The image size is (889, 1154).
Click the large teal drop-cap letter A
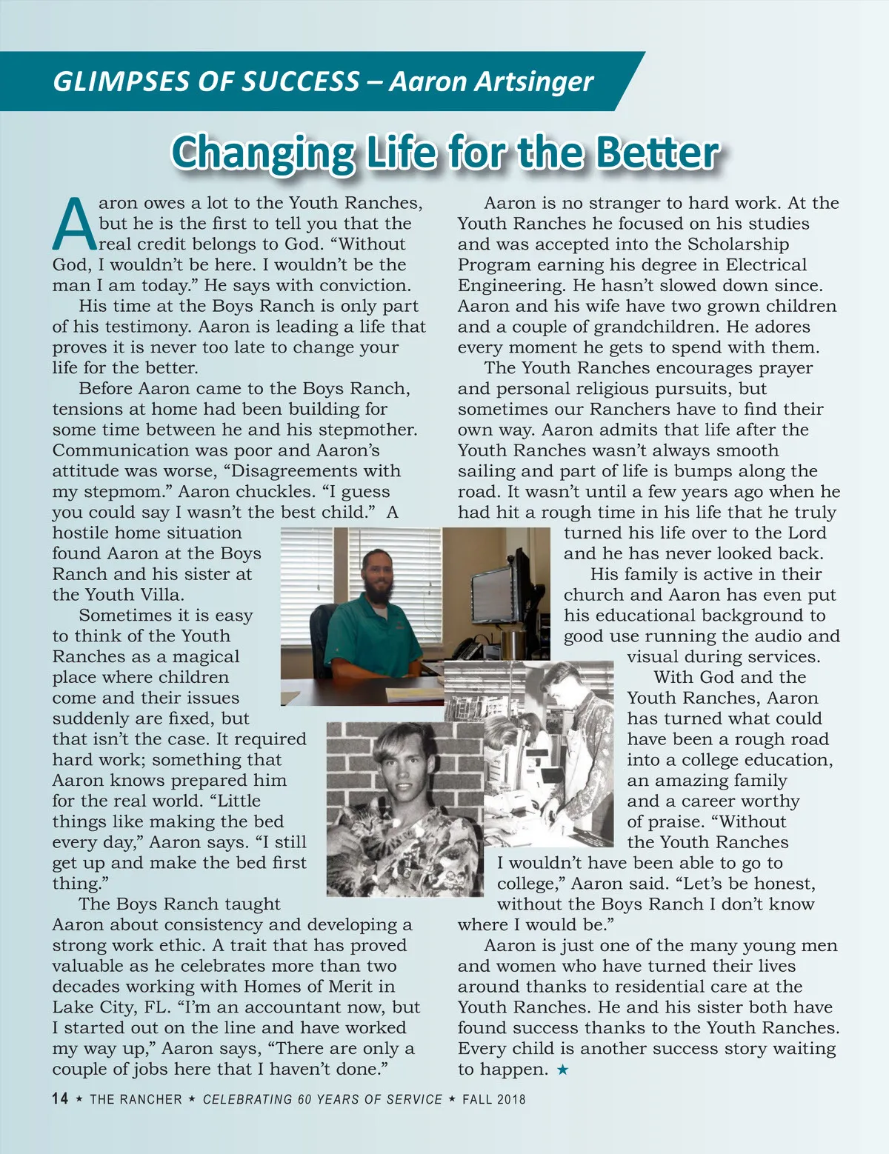pos(74,224)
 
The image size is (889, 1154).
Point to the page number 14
pos(60,1098)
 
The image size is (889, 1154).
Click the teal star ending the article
pos(563,1070)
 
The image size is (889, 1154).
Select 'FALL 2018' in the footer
pos(494,1099)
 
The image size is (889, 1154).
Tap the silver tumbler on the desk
pos(510,642)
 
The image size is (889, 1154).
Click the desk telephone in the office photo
pos(467,650)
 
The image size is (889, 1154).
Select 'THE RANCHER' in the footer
pos(136,1099)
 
